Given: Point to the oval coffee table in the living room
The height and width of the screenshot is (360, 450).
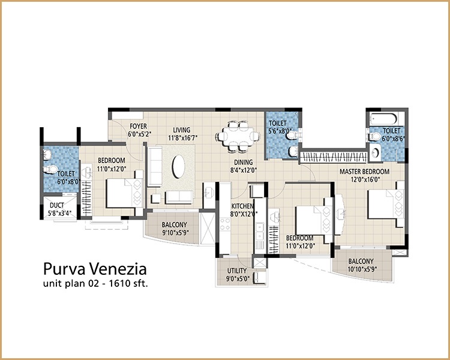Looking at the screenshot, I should point(179,166).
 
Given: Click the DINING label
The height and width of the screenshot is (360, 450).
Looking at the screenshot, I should point(244,162).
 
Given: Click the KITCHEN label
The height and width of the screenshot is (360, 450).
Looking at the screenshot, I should point(243,206).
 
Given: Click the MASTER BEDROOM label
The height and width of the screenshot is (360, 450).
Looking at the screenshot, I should point(364,172).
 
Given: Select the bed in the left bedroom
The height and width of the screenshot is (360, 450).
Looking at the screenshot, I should point(124,195).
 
